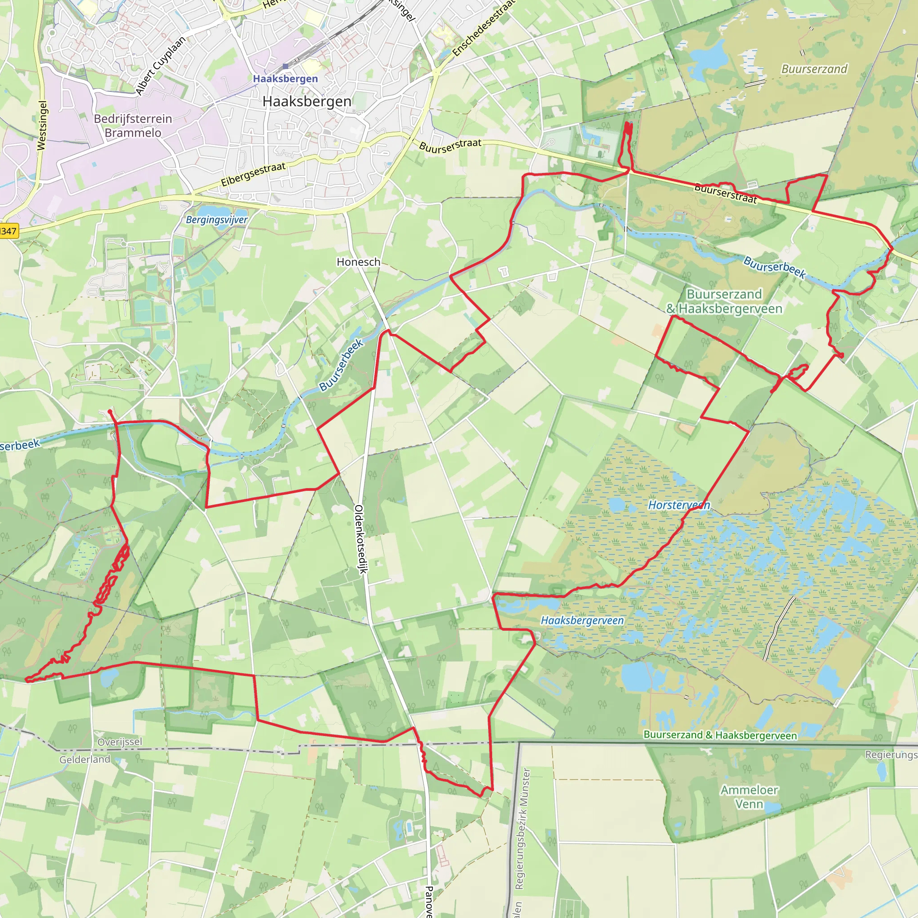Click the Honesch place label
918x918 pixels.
coord(358,262)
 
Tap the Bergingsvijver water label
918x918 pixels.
coord(217,220)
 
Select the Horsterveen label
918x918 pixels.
coord(679,505)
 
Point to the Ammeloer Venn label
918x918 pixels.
coord(749,797)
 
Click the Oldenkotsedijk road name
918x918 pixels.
coord(360,539)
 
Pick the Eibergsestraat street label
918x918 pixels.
coord(253,174)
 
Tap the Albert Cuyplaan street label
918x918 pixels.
coord(160,65)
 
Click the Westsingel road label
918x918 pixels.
coord(42,126)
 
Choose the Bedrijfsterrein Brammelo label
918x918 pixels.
coord(133,126)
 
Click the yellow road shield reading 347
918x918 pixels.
coord(8,231)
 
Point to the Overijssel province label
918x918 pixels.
coord(120,742)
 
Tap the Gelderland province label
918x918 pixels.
coord(85,760)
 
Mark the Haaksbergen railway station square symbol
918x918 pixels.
coord(285,66)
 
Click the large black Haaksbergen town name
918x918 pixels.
coord(307,101)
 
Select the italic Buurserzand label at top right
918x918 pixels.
coord(814,69)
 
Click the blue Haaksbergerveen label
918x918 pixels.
coord(582,620)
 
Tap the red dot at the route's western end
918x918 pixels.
coord(110,411)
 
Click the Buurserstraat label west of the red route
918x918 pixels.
coord(450,145)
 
